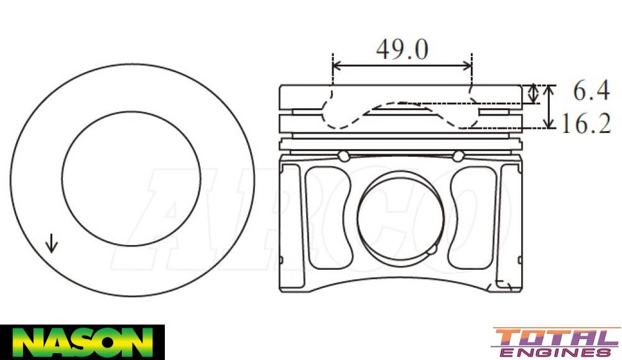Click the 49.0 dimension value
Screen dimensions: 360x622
click(402, 49)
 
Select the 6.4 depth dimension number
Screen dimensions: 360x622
click(591, 92)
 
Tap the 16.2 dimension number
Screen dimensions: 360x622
click(585, 124)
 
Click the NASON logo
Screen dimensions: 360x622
click(82, 342)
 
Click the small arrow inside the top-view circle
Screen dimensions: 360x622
click(52, 243)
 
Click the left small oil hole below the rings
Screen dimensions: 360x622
click(343, 155)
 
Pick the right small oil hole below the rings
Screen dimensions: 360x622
click(458, 155)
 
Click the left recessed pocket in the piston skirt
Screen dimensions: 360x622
click(327, 217)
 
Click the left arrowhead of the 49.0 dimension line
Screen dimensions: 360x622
click(337, 65)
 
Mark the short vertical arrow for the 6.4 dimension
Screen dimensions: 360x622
click(532, 94)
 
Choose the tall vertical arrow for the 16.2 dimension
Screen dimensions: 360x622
click(549, 106)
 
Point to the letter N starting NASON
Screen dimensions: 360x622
click(25, 343)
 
